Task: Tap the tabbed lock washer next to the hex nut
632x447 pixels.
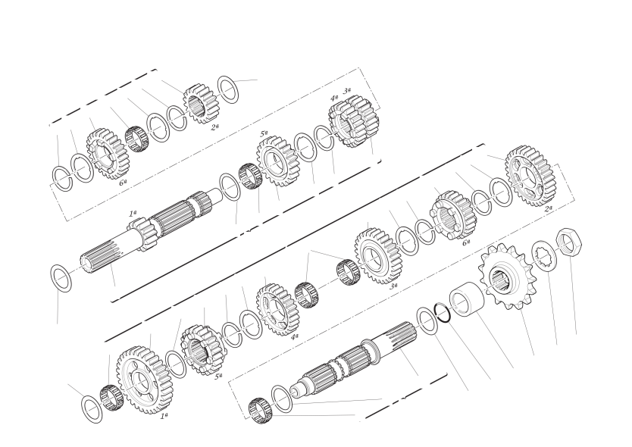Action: (545, 256)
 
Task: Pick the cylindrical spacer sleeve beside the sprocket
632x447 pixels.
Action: (466, 300)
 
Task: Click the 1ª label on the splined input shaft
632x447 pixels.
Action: (133, 213)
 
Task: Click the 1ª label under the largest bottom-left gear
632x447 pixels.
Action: (164, 416)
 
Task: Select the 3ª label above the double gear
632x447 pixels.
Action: (346, 91)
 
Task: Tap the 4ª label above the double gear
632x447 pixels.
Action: (334, 98)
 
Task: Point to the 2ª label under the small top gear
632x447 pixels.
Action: (214, 127)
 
